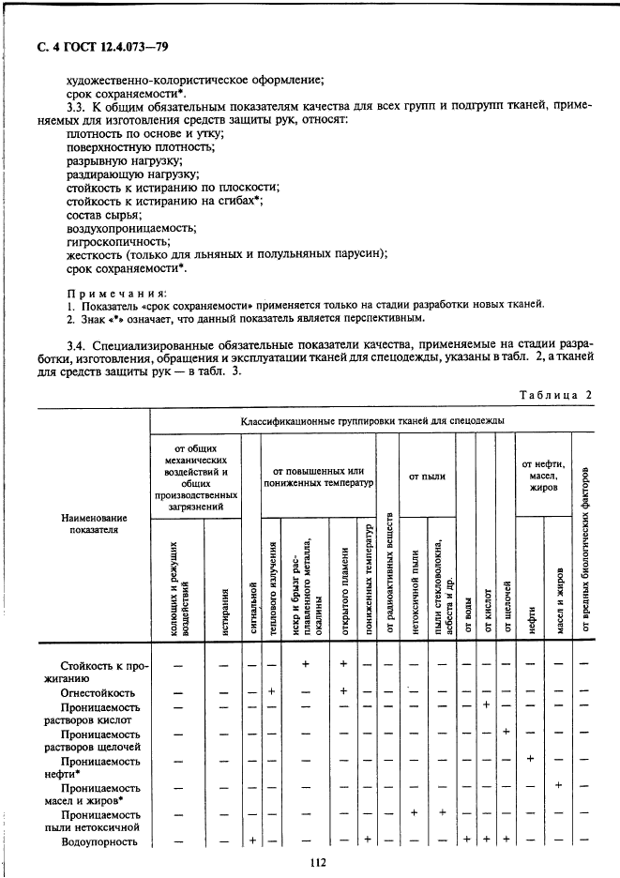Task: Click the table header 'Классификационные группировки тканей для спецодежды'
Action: point(371,419)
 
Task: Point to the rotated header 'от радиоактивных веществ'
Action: point(389,575)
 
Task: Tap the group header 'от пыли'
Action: point(427,477)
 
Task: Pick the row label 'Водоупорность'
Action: point(99,841)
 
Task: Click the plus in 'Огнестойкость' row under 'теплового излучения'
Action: point(270,691)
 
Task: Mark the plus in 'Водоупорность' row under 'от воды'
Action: point(467,840)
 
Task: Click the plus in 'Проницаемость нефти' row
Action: point(531,758)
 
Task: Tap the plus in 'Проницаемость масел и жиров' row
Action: point(559,785)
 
